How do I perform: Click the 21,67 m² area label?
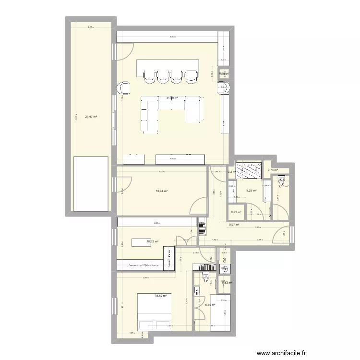tap(91, 117)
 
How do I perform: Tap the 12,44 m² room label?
tap(162, 191)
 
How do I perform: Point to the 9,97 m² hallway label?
tap(234, 225)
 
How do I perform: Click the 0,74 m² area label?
tap(274, 170)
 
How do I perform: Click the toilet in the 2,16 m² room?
tap(281, 181)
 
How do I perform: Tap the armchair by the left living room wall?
tap(124, 88)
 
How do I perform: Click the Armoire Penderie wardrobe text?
tap(144, 264)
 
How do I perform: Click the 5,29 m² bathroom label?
tap(251, 191)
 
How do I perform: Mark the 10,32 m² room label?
tap(152, 242)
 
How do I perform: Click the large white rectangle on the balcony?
tap(90, 183)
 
